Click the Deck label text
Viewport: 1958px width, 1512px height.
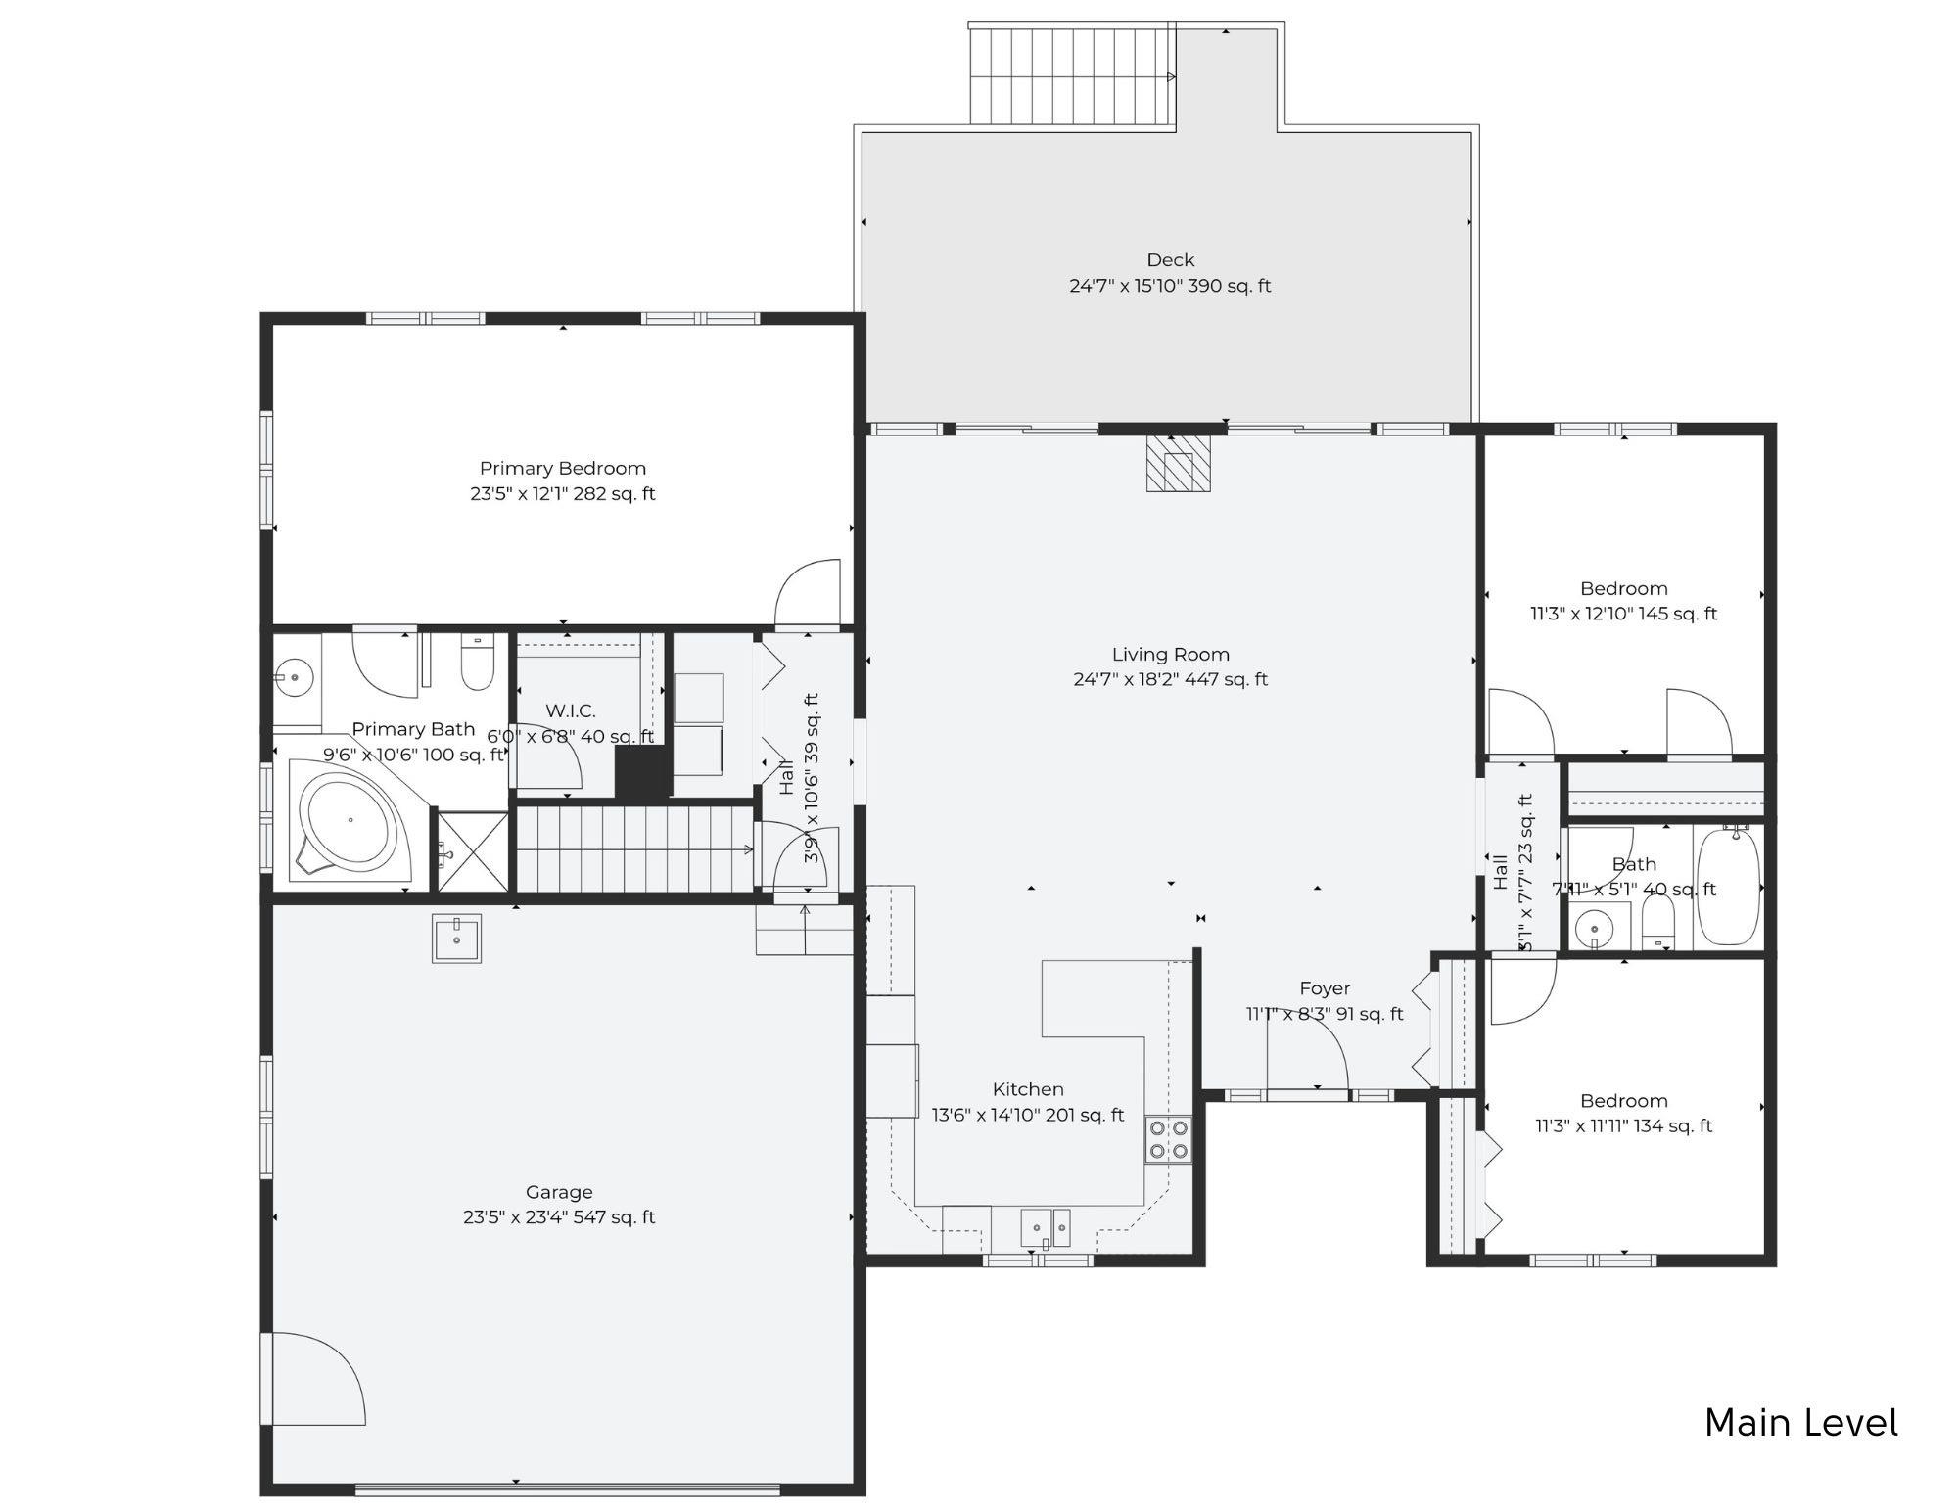pos(1170,260)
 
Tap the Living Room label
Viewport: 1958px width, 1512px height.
pos(1170,655)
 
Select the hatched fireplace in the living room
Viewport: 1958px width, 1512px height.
pos(1179,464)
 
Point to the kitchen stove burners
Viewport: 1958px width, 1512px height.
pos(1169,1140)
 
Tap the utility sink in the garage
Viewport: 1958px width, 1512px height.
pos(456,938)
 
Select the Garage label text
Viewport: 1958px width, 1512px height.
pos(559,1192)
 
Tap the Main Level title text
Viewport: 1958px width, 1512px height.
pos(1800,1423)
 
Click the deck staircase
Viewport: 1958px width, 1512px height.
pos(1071,76)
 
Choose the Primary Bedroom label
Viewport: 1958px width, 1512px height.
pos(562,469)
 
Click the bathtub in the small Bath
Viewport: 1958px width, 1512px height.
pos(1728,885)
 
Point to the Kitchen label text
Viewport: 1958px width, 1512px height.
pos(1027,1089)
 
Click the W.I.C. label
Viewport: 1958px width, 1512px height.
pos(570,711)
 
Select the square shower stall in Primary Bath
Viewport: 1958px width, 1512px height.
pos(472,851)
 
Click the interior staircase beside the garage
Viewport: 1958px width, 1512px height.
pos(634,848)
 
